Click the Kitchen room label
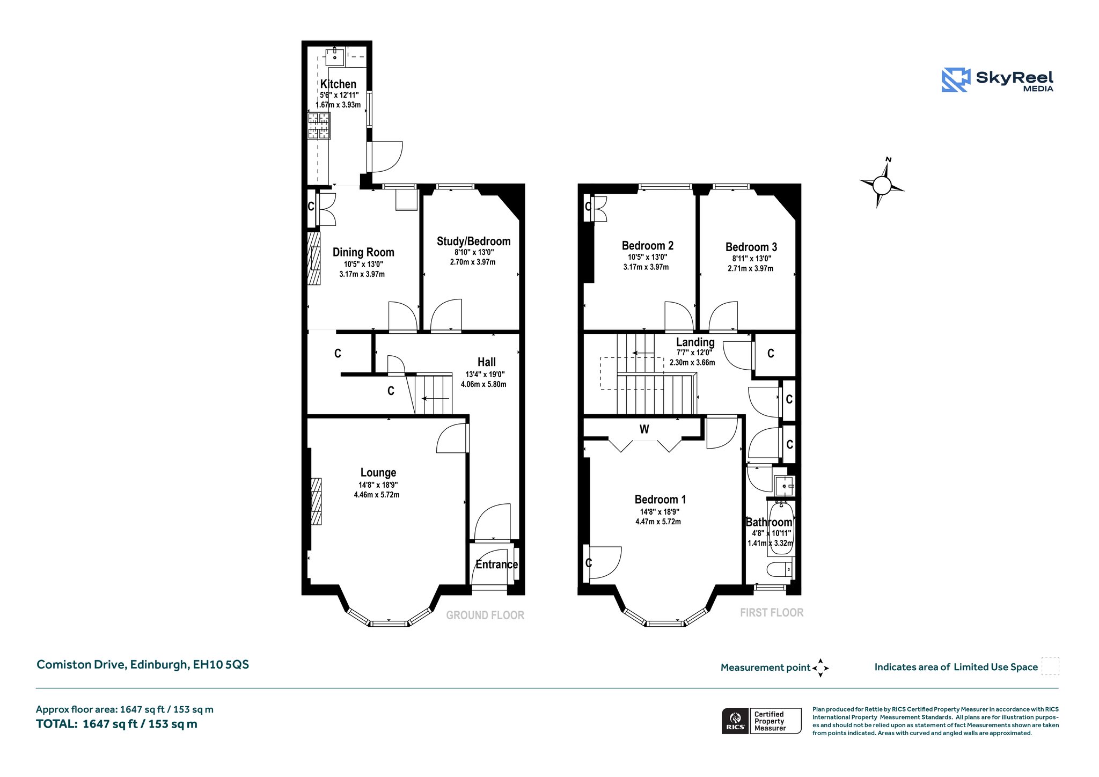tap(338, 84)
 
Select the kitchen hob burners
tap(319, 126)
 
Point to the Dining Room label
tap(363, 252)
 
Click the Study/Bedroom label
tap(473, 241)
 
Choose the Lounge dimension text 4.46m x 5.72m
tap(377, 495)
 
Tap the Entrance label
tap(496, 564)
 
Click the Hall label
tap(487, 362)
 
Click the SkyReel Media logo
tap(998, 80)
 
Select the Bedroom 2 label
tap(648, 246)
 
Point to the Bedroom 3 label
tap(751, 247)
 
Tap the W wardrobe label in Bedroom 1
tap(644, 429)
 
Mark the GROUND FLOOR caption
tap(485, 615)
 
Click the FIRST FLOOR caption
tap(772, 613)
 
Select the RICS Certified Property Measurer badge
tap(761, 721)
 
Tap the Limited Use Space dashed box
tap(1050, 666)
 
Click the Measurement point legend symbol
tap(820, 668)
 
